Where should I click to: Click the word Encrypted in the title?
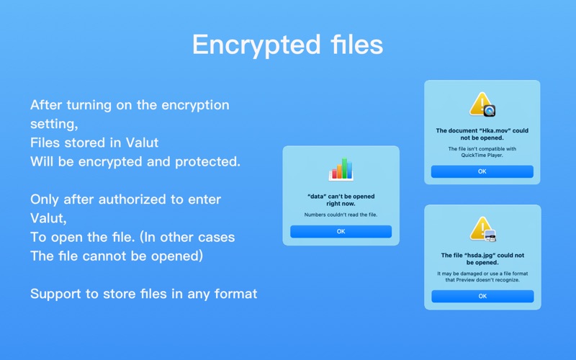click(257, 45)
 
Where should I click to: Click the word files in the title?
click(356, 44)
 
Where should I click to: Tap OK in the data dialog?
click(341, 231)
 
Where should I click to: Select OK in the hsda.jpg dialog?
click(482, 296)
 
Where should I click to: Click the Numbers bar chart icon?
click(341, 169)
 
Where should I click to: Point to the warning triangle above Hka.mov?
click(481, 104)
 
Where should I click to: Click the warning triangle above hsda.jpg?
click(482, 228)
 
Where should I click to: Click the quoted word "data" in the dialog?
click(317, 197)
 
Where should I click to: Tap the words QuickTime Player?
click(482, 155)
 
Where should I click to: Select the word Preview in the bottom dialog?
click(465, 280)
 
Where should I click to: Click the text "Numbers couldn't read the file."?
click(341, 215)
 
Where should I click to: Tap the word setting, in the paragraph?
click(54, 124)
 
